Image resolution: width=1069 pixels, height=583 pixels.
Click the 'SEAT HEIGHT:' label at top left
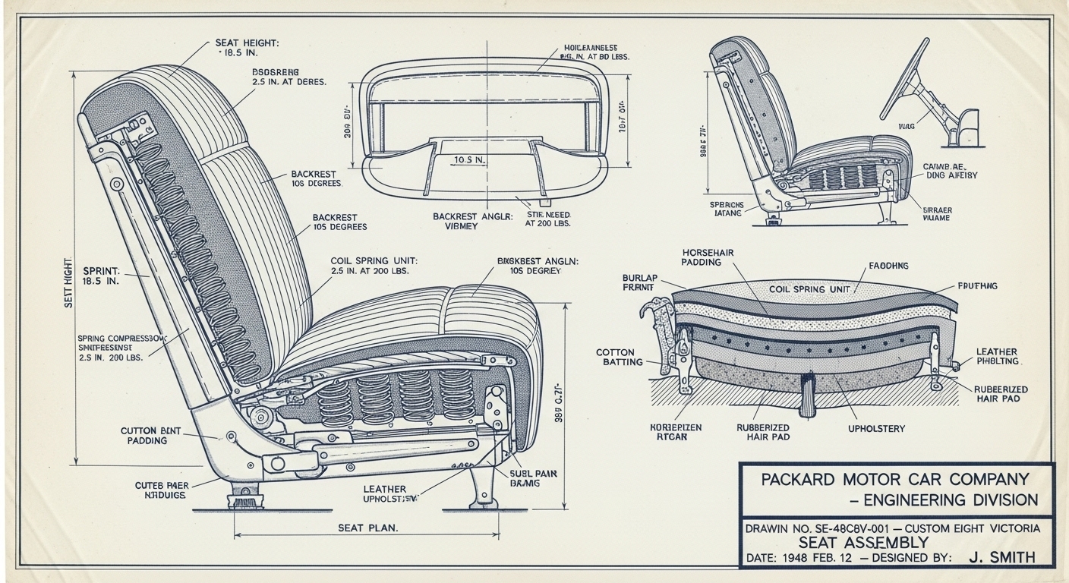click(x=247, y=43)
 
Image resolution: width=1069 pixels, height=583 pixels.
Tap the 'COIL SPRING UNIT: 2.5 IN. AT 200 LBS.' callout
click(x=374, y=266)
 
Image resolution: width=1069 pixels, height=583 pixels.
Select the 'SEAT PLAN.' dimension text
click(x=367, y=527)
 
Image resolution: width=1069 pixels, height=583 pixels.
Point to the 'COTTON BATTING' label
click(x=620, y=358)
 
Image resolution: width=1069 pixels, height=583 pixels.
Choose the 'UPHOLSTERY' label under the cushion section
click(x=876, y=429)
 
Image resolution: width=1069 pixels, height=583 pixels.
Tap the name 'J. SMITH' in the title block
click(x=1001, y=557)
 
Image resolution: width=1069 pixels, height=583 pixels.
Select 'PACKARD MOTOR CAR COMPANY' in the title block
click(x=895, y=480)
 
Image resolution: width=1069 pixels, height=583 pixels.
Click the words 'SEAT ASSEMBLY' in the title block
click(x=863, y=542)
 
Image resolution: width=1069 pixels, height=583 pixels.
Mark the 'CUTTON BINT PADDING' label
click(x=151, y=435)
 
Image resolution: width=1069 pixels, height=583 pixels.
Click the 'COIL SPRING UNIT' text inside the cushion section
click(x=810, y=289)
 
